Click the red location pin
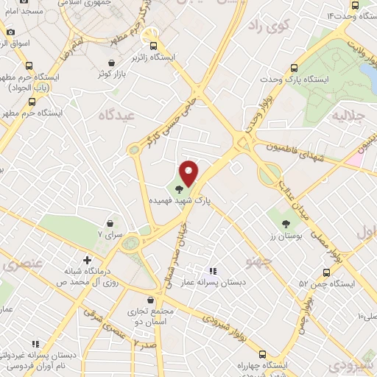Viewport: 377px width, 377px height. [190, 173]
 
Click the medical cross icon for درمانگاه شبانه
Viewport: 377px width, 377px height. [88, 260]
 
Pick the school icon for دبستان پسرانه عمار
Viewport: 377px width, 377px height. [213, 271]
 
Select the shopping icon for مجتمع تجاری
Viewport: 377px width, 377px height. [151, 300]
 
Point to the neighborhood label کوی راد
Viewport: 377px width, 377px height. [267, 27]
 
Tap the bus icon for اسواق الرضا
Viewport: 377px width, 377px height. [11, 32]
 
